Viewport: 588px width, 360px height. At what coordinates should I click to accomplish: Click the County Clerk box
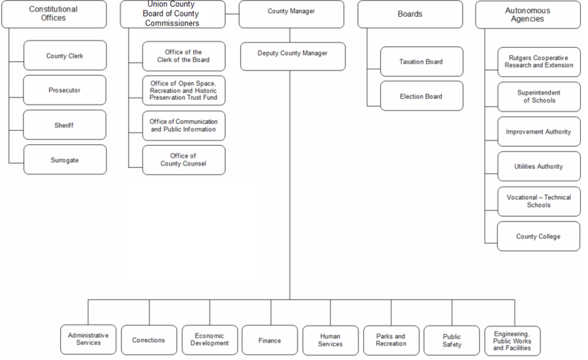(65, 56)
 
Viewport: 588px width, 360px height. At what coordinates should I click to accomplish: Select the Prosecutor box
(65, 90)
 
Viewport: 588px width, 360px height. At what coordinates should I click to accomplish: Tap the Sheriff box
(65, 125)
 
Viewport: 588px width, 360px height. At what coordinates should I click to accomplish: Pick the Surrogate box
(65, 159)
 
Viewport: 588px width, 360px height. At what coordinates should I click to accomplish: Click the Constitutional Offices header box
(54, 14)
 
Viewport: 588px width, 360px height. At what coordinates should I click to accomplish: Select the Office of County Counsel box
(184, 159)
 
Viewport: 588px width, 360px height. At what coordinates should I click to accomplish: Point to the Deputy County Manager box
(292, 54)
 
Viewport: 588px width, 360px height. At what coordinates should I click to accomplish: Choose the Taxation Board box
(421, 61)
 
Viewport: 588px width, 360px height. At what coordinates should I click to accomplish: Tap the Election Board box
(421, 96)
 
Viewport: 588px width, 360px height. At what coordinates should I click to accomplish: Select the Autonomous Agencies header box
(527, 14)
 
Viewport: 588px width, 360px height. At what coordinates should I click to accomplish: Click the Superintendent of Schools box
(538, 97)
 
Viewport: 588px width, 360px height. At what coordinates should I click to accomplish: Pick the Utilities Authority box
(538, 167)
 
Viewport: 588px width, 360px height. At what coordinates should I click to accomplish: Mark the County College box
(538, 237)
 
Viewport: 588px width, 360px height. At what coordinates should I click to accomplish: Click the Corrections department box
(149, 340)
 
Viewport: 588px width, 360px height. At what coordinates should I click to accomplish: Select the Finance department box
(270, 340)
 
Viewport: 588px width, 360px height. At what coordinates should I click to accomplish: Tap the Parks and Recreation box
(391, 340)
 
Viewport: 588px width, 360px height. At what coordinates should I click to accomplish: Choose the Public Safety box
(451, 340)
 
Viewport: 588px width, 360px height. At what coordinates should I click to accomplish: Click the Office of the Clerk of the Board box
(184, 56)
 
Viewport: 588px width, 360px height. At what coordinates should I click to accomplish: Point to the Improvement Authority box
(538, 132)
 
